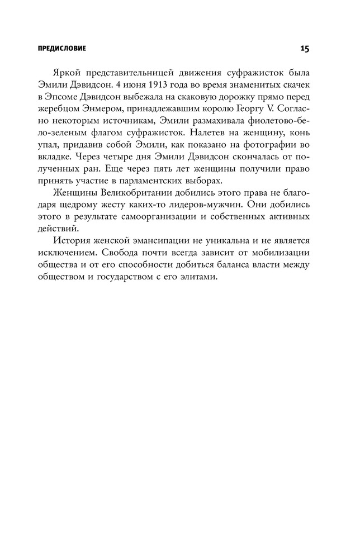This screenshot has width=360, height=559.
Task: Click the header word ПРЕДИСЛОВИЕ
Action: pyautogui.click(x=61, y=49)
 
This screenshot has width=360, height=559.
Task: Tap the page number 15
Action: pyautogui.click(x=304, y=49)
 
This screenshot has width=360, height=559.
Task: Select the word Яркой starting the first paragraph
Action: pyautogui.click(x=83, y=73)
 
